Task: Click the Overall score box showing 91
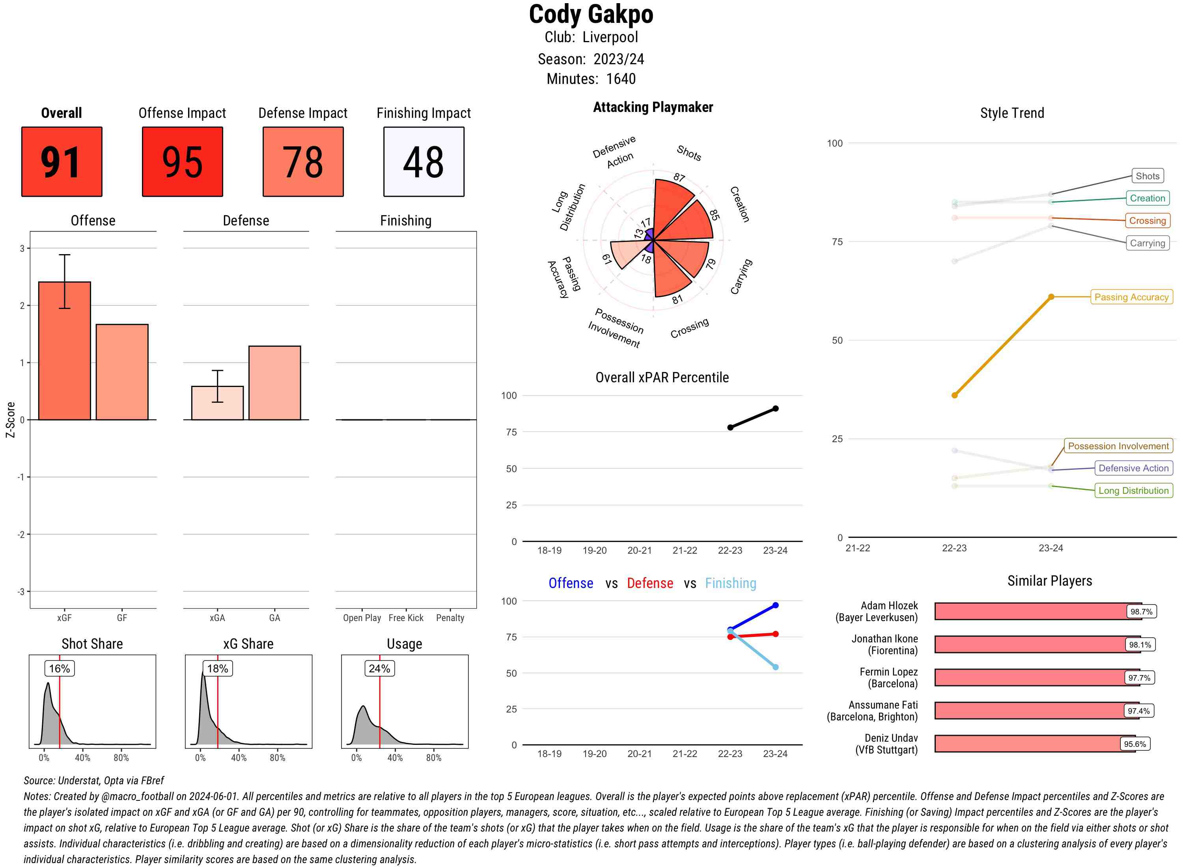(x=62, y=162)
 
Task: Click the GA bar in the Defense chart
(x=274, y=383)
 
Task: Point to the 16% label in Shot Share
(x=59, y=668)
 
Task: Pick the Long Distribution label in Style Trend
(x=1133, y=490)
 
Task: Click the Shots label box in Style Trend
(x=1147, y=176)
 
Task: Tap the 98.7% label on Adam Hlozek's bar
(x=1141, y=611)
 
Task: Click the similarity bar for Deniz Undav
(x=1034, y=744)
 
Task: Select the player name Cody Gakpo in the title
(x=591, y=14)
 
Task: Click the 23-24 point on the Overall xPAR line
(x=775, y=408)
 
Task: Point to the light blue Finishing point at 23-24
(x=775, y=667)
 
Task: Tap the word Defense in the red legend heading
(x=649, y=583)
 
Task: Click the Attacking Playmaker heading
(x=653, y=107)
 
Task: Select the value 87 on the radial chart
(x=679, y=177)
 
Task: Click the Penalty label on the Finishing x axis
(x=450, y=618)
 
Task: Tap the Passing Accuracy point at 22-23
(x=954, y=395)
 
